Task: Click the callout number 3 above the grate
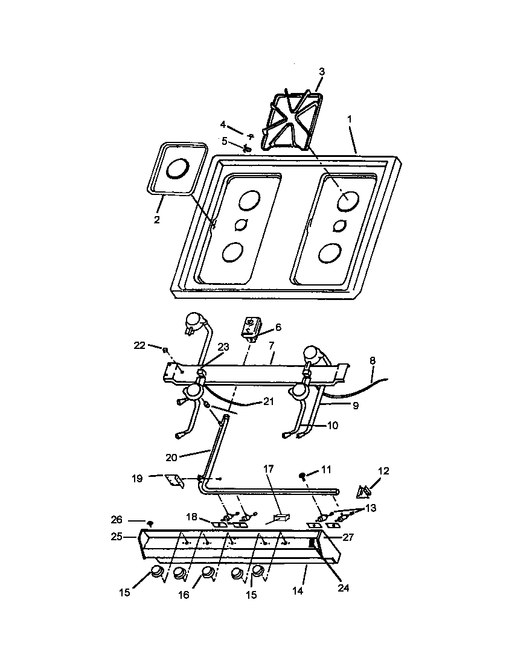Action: point(322,72)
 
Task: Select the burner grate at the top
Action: point(289,121)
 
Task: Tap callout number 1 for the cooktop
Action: point(349,120)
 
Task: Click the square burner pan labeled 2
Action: point(176,169)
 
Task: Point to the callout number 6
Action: point(278,327)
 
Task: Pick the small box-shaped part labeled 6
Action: point(251,328)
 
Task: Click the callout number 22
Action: point(139,345)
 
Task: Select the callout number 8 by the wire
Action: point(373,360)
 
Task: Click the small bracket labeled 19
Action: point(174,480)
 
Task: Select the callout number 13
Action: point(370,508)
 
